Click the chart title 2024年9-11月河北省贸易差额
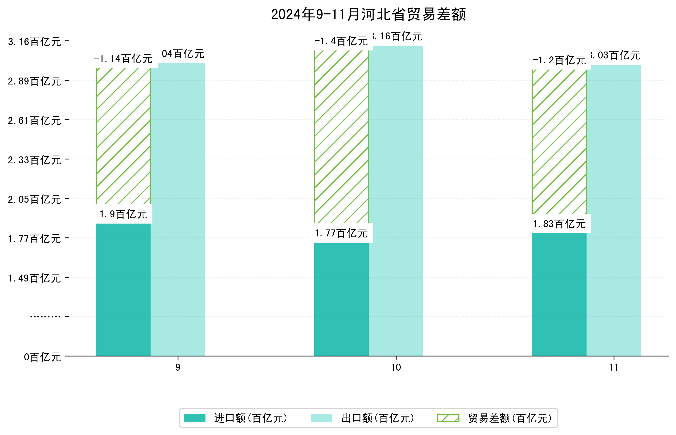pos(368,14)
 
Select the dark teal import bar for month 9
pos(123,289)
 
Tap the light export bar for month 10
pos(396,201)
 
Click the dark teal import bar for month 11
pos(559,294)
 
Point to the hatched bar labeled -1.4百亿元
pos(341,137)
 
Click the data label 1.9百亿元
pos(123,214)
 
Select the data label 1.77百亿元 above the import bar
pos(341,233)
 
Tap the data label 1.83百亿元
pos(559,224)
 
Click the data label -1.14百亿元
pos(123,59)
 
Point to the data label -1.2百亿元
pos(559,60)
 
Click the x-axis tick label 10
pos(396,368)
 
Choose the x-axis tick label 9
pos(178,368)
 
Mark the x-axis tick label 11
pos(614,368)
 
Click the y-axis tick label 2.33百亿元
pos(35,160)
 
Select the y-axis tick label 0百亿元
pos(42,357)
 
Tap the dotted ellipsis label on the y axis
pos(45,317)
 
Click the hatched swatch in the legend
pos(448,418)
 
